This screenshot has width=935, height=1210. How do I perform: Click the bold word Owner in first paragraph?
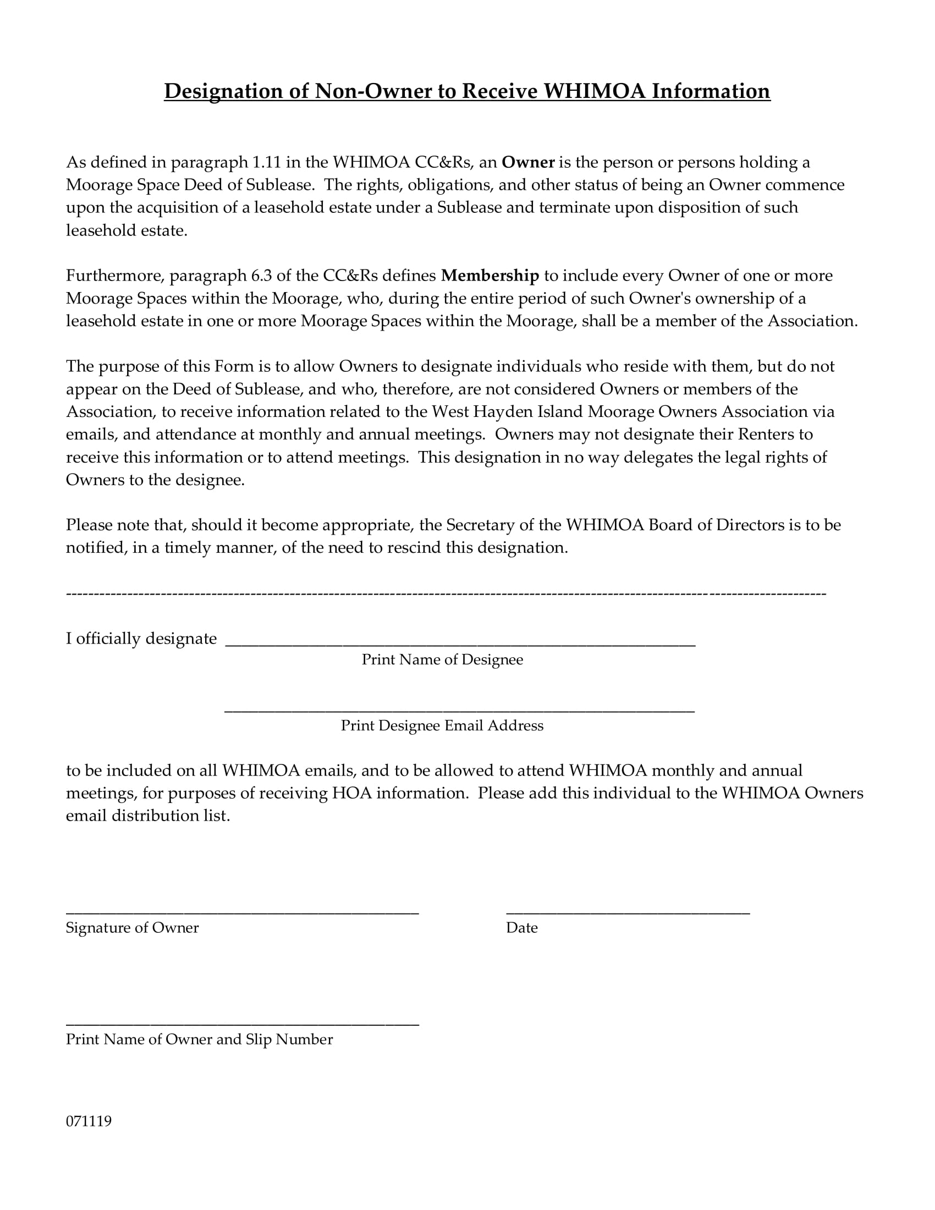(x=528, y=162)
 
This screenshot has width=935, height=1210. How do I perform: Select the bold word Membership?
(x=490, y=276)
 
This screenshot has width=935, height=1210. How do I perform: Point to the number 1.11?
(x=266, y=162)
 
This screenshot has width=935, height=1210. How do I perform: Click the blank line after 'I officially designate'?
(x=460, y=644)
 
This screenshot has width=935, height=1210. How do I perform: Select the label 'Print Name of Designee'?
(x=442, y=660)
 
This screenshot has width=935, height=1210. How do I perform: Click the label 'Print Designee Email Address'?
(x=442, y=726)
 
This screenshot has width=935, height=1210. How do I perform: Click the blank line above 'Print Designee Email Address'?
(x=460, y=710)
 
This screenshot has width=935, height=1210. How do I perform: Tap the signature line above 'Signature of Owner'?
(x=242, y=911)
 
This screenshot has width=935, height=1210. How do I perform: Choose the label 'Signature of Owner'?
(x=132, y=928)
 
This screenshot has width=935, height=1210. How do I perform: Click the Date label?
(x=521, y=928)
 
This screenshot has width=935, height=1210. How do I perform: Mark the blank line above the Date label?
(x=628, y=911)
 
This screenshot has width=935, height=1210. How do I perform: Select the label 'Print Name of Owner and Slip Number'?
(x=200, y=1039)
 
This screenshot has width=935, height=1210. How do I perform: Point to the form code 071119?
(x=89, y=1121)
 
